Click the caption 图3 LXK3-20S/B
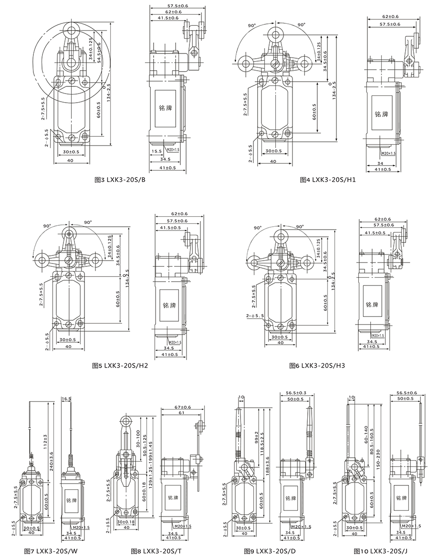[x=120, y=180]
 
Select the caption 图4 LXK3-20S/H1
[x=328, y=180]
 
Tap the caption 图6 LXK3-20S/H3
[x=317, y=366]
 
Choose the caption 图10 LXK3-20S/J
[x=380, y=551]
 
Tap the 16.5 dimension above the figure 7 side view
[x=66, y=398]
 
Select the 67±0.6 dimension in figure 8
[x=183, y=407]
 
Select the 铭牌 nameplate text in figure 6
[x=372, y=305]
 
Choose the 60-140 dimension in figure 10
[x=366, y=432]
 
